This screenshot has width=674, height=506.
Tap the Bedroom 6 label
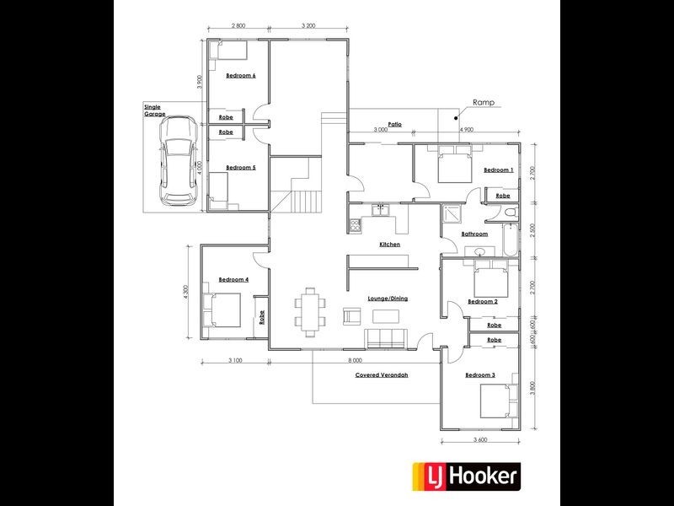[x=241, y=76]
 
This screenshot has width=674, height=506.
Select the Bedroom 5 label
[x=241, y=167]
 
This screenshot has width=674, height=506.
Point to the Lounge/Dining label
[x=388, y=299]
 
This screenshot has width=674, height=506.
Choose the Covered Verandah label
[x=382, y=374]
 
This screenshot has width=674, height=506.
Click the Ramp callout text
[x=484, y=102]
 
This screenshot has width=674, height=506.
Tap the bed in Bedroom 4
[x=223, y=310]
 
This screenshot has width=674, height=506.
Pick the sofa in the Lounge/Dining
[x=385, y=338]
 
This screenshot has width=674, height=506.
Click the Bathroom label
[x=474, y=234]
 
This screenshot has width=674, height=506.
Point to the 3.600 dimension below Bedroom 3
[x=481, y=439]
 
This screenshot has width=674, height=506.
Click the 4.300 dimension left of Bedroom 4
[x=184, y=291]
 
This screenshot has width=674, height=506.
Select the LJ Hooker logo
[x=464, y=476]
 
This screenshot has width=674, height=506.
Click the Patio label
[x=394, y=124]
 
